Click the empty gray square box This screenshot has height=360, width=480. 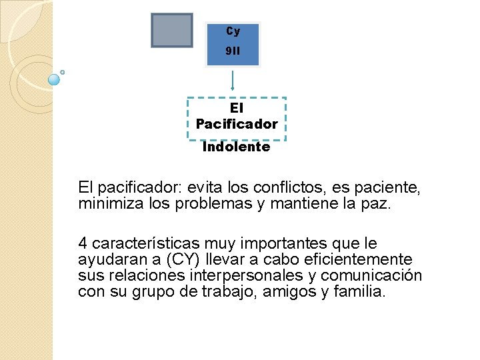tap(172, 31)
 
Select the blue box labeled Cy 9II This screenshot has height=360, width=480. tap(233, 44)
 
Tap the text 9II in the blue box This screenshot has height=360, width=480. tap(233, 51)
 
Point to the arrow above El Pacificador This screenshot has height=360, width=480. tap(232, 80)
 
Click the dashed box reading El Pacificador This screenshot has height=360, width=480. tap(237, 116)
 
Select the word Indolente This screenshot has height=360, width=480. tap(237, 147)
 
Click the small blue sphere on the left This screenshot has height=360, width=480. tap(55, 79)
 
